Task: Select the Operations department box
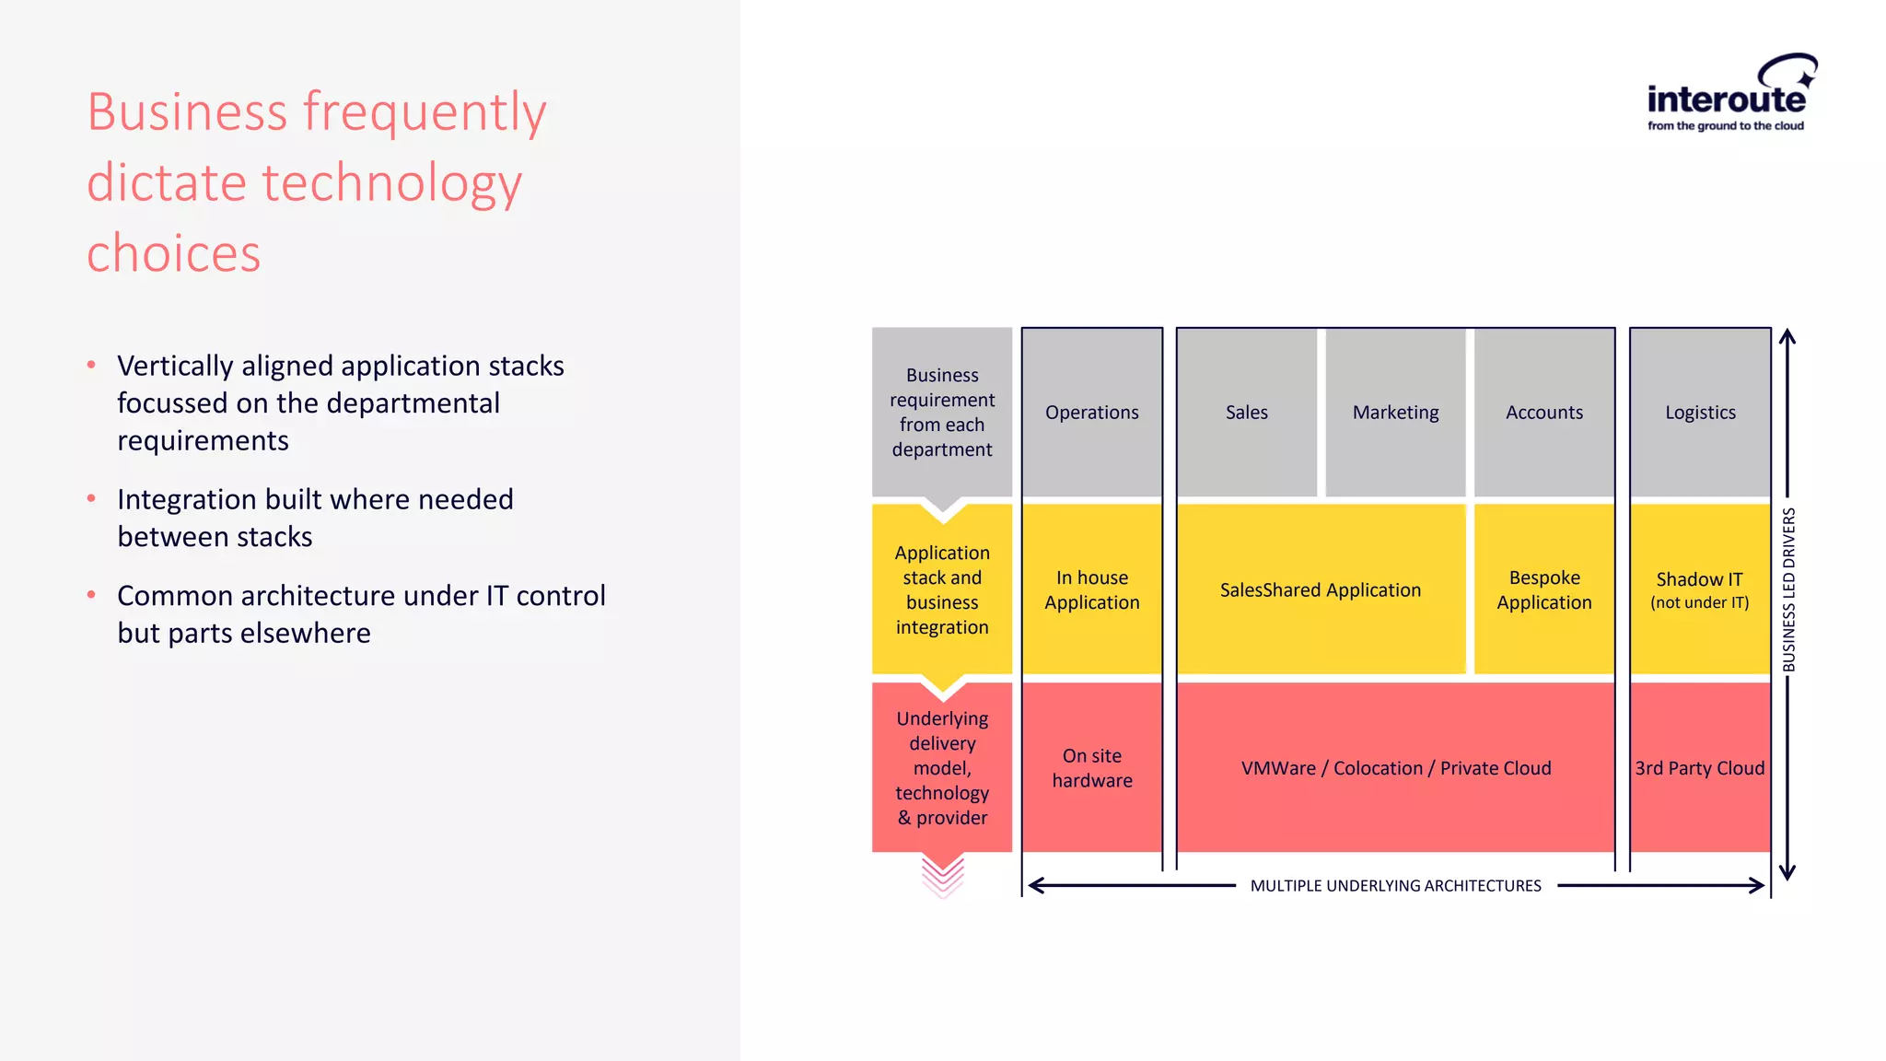tap(1091, 413)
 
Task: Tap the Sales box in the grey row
tap(1246, 413)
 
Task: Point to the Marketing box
tap(1395, 413)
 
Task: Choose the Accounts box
tap(1544, 413)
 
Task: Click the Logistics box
tap(1700, 413)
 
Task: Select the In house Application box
tap(1091, 589)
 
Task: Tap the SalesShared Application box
tap(1321, 589)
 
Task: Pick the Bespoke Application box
tap(1544, 589)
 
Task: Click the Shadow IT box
tap(1700, 589)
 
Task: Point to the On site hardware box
tap(1091, 767)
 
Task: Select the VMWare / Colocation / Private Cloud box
tap(1395, 767)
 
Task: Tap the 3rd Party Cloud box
tap(1700, 767)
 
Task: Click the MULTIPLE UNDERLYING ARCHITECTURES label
tap(1395, 886)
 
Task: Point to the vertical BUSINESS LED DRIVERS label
tap(1788, 589)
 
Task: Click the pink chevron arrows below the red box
tap(942, 876)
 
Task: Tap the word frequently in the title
tap(425, 112)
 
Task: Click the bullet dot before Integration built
tap(91, 498)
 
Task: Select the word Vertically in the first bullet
tap(175, 366)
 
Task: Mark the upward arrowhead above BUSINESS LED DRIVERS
tap(1787, 336)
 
